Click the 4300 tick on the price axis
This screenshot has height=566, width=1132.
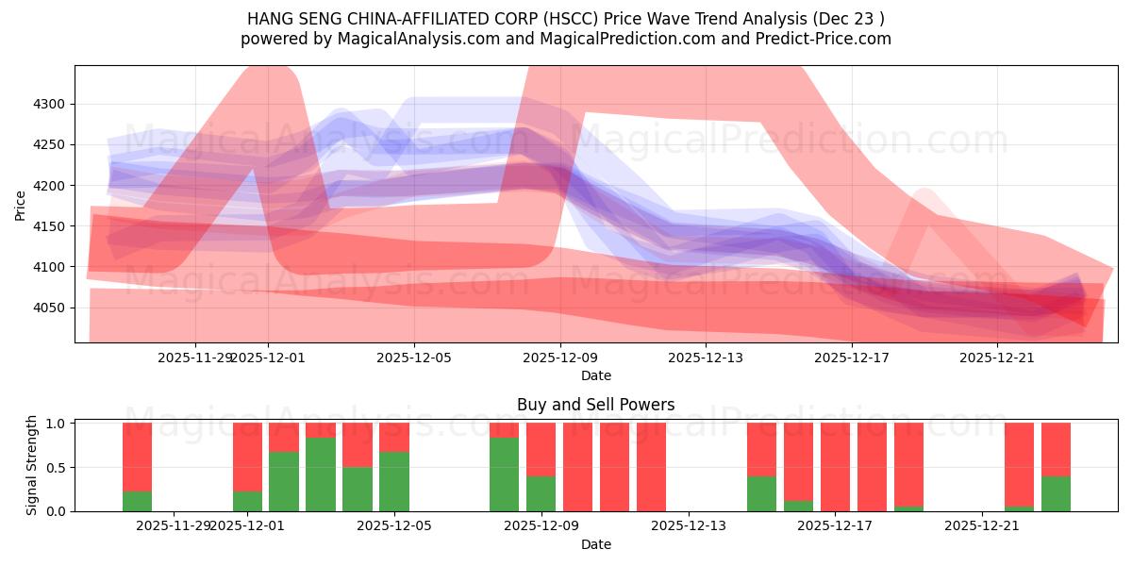click(x=51, y=105)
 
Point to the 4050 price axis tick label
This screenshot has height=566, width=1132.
click(x=51, y=308)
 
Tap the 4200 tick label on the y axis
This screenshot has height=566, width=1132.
click(x=51, y=186)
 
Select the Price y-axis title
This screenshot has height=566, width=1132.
click(x=21, y=204)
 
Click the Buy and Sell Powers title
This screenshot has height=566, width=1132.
click(x=595, y=405)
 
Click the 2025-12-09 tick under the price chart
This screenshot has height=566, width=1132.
click(x=560, y=358)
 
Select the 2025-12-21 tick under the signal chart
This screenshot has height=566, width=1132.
click(x=982, y=525)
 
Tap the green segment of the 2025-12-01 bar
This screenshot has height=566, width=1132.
click(x=247, y=501)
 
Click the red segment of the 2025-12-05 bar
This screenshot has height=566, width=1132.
click(x=394, y=437)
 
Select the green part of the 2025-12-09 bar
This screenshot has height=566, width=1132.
click(x=541, y=493)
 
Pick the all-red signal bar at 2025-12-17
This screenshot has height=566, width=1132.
click(x=835, y=467)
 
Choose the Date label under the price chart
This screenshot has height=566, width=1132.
click(x=595, y=375)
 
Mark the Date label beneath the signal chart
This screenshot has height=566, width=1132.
click(x=595, y=544)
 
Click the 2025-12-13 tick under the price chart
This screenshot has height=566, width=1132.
click(x=707, y=358)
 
